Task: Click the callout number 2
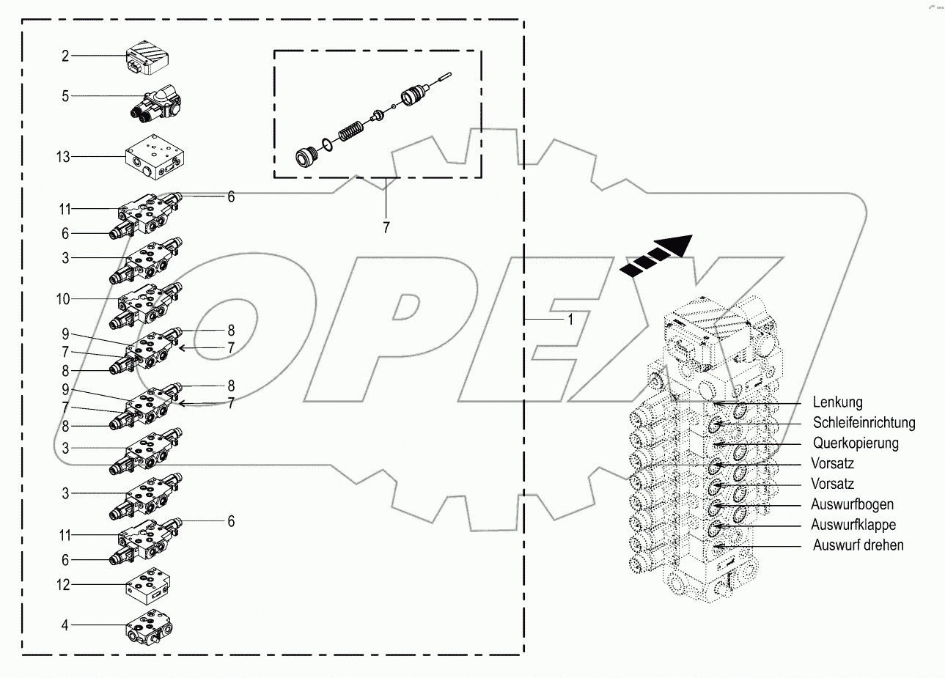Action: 65,56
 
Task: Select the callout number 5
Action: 65,96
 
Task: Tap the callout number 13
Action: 62,156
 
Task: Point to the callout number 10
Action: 62,299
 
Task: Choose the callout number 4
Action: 65,625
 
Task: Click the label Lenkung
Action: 837,402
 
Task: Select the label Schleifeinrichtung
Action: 864,423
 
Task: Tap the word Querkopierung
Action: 855,443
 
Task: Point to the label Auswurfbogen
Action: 852,505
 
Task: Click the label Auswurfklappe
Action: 853,525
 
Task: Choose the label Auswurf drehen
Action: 858,545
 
